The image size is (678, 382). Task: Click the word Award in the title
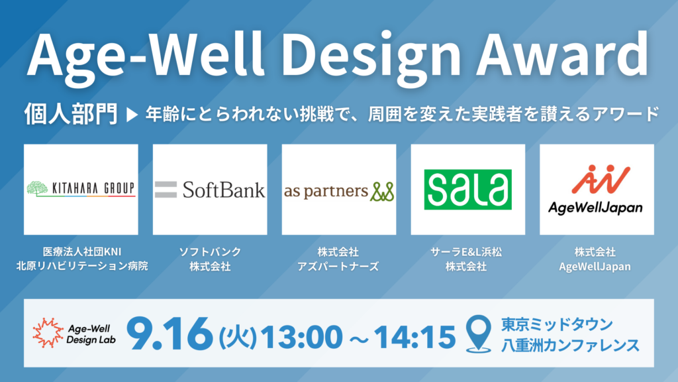[562, 55]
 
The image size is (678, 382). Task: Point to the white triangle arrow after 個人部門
[132, 115]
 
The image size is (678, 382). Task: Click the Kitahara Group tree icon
[37, 188]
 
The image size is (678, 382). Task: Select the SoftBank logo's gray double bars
[166, 189]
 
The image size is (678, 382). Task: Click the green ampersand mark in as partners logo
[382, 192]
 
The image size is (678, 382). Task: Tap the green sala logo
[468, 189]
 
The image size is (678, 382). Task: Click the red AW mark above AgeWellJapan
[601, 178]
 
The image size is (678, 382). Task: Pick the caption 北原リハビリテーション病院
[82, 265]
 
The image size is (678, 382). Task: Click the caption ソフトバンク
[210, 251]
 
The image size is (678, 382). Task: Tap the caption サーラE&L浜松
[466, 251]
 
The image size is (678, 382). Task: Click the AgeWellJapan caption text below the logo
[595, 267]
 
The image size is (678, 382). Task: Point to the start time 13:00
[301, 337]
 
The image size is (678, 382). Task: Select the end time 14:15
[414, 337]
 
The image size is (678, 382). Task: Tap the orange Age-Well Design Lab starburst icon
[48, 333]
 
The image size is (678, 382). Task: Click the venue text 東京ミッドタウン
[557, 324]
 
